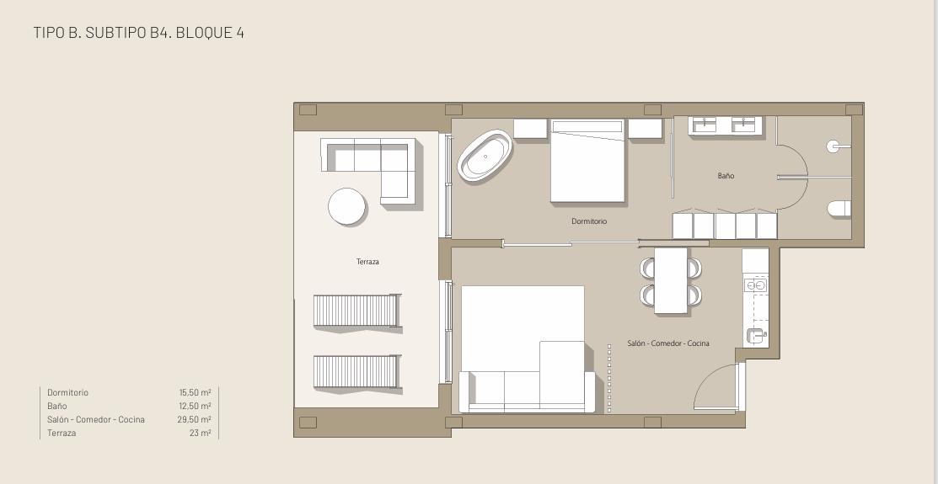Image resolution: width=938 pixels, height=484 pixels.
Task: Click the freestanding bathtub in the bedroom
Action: (x=485, y=156)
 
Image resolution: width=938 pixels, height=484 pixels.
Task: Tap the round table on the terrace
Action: (x=347, y=206)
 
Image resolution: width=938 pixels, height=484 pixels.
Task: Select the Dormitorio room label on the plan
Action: (x=589, y=221)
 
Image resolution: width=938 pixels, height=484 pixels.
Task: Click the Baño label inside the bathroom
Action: (x=726, y=176)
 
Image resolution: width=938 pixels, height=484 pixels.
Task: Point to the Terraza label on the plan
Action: (x=367, y=262)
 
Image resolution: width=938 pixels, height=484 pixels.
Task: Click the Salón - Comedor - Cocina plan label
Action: (x=668, y=343)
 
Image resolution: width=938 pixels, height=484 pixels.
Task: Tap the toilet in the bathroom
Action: (x=839, y=209)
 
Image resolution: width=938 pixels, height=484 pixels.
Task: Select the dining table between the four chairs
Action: (x=671, y=280)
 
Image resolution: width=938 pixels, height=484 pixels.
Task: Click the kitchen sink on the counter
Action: (x=755, y=337)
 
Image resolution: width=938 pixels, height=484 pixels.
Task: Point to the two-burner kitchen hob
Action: (x=756, y=285)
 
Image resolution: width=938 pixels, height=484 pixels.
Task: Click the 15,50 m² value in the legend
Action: (x=195, y=392)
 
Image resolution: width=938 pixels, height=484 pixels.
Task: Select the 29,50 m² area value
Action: (x=195, y=419)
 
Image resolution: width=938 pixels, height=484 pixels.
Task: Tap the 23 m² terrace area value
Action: (x=200, y=433)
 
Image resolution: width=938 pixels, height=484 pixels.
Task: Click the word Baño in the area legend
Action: (x=56, y=407)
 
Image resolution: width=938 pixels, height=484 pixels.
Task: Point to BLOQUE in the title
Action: (x=203, y=32)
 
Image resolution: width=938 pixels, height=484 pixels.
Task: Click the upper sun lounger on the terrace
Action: (x=356, y=310)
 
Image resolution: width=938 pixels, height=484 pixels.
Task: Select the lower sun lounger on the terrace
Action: (x=356, y=372)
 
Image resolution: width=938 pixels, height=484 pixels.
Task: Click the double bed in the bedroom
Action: (x=587, y=162)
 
